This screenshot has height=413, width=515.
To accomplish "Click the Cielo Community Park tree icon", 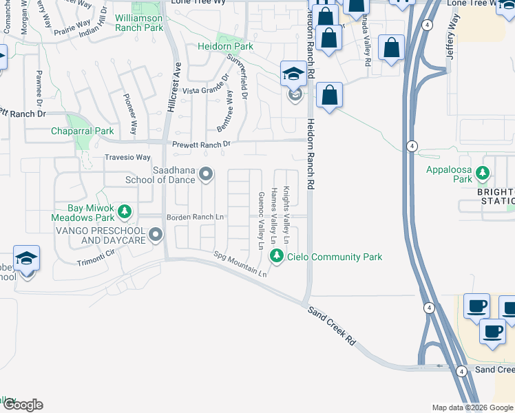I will (x=277, y=257).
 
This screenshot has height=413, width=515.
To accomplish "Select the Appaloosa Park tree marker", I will (x=485, y=173).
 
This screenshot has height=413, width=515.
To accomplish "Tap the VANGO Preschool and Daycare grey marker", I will (x=156, y=235).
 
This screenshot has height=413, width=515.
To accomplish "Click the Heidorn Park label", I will (x=226, y=47).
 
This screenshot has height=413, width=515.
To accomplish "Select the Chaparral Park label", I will (x=82, y=131).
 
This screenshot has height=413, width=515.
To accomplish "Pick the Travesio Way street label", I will (x=127, y=158).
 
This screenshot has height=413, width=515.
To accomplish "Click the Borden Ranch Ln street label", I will (x=196, y=218).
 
